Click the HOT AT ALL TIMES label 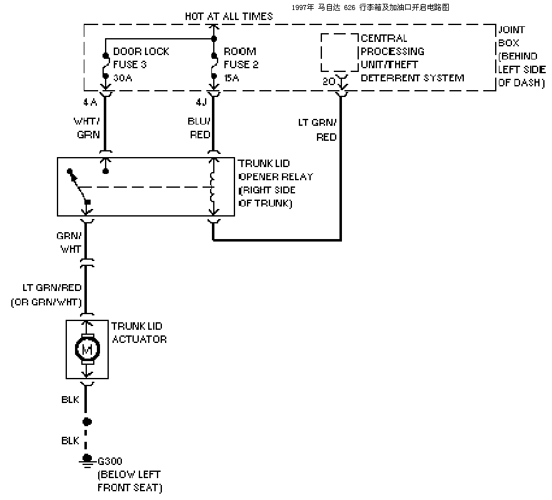pyautogui.click(x=229, y=16)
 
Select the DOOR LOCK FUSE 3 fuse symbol pyautogui.click(x=105, y=66)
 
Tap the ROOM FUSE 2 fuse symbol pyautogui.click(x=214, y=66)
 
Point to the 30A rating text pyautogui.click(x=123, y=78)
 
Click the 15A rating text pyautogui.click(x=231, y=78)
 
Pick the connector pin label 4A pyautogui.click(x=90, y=102)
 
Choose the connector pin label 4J pyautogui.click(x=201, y=102)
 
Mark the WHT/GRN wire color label pyautogui.click(x=87, y=128)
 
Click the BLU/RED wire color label pyautogui.click(x=199, y=128)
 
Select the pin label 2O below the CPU pyautogui.click(x=328, y=81)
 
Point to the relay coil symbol pyautogui.click(x=213, y=187)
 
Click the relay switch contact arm pyautogui.click(x=79, y=186)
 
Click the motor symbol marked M pyautogui.click(x=88, y=349)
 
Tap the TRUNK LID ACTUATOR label pyautogui.click(x=139, y=333)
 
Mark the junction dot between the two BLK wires pyautogui.click(x=87, y=421)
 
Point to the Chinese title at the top pyautogui.click(x=370, y=8)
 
